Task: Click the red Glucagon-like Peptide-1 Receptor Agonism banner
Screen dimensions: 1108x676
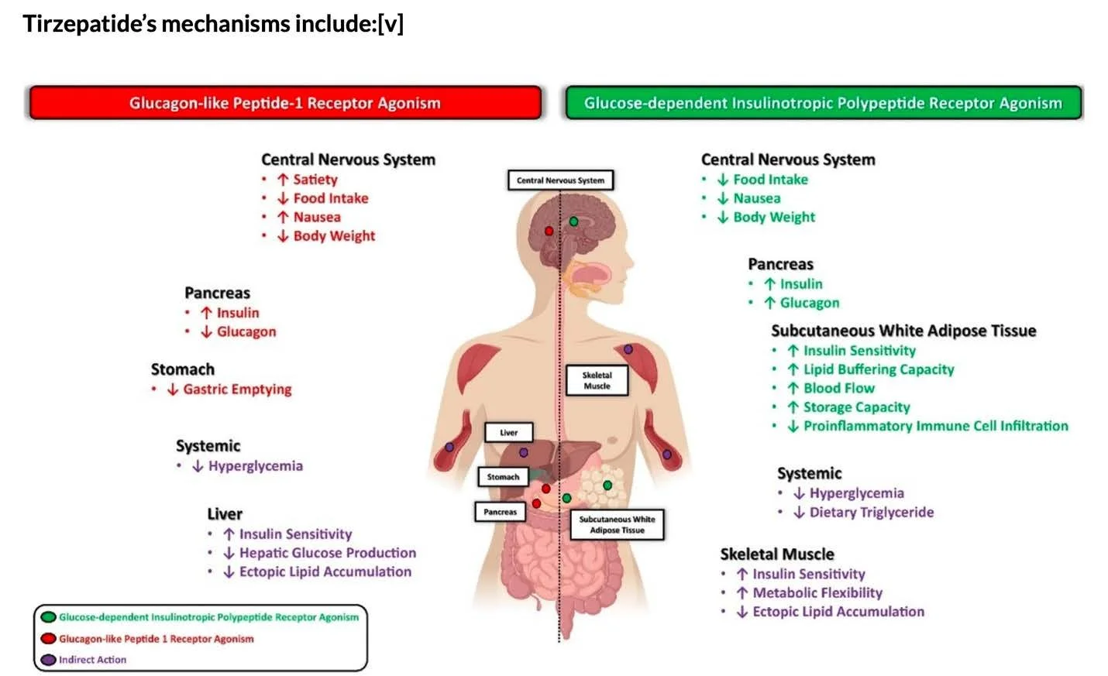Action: (284, 103)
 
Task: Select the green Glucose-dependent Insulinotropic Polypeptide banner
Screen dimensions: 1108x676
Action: (823, 103)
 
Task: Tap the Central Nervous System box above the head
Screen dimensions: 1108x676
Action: (560, 180)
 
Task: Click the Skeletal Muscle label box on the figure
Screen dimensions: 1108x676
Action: (597, 380)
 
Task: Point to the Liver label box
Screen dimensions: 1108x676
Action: (508, 432)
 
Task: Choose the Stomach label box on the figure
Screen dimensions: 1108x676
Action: (503, 477)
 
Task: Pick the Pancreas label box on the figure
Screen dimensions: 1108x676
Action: (500, 512)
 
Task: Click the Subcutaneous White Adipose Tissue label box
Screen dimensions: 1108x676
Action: (617, 524)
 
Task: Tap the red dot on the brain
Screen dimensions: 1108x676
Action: (549, 231)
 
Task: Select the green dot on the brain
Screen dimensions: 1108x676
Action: (573, 221)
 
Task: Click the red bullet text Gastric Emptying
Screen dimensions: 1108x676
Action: (237, 389)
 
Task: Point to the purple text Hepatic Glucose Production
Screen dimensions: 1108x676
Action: (327, 553)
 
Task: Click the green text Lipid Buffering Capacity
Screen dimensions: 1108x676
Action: (878, 369)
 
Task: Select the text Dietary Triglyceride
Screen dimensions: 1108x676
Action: (871, 512)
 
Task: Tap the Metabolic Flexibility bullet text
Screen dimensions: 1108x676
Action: (817, 592)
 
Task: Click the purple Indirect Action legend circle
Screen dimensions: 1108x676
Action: (49, 660)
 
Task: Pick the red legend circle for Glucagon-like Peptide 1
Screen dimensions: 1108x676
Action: (49, 639)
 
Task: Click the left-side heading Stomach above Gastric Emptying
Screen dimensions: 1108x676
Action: (183, 369)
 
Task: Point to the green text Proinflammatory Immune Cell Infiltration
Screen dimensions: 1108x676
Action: (935, 426)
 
